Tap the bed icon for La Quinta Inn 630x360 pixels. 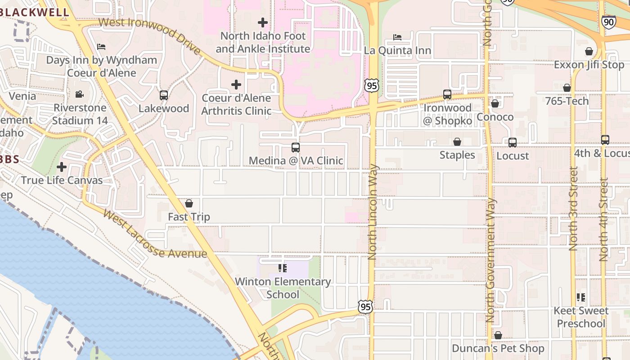point(397,37)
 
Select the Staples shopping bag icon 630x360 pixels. point(457,142)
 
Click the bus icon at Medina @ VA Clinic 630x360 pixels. point(296,147)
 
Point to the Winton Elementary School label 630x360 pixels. point(283,288)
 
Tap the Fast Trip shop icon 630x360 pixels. point(189,203)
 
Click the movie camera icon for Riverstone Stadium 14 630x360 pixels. point(80,94)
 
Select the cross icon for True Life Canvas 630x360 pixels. point(62,167)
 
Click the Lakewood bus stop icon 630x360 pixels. point(164,95)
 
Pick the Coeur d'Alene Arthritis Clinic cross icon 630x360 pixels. point(236,84)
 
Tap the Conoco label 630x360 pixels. point(495,117)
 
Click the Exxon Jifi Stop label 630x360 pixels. point(589,65)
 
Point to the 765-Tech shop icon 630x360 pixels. point(567,88)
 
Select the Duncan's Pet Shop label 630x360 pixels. point(498,348)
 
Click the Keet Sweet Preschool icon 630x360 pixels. point(581,297)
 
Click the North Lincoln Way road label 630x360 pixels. point(373,211)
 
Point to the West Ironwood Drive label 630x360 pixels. point(149,35)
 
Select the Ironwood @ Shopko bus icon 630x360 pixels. point(447,94)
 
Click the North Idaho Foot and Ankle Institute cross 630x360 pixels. point(263,22)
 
